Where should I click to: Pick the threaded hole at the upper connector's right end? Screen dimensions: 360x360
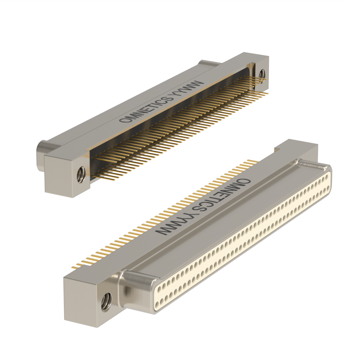tap(262, 74)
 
